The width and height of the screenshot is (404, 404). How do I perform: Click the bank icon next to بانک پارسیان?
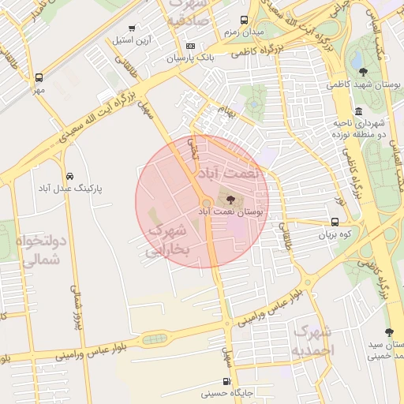point(189,47)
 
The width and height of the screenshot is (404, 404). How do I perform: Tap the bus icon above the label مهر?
point(38,78)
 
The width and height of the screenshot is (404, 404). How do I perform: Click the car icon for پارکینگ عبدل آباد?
point(71,175)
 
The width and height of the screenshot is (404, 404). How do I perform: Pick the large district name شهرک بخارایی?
point(170,240)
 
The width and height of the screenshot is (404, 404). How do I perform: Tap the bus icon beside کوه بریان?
point(332,222)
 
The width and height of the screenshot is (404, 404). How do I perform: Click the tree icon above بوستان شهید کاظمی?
point(362,73)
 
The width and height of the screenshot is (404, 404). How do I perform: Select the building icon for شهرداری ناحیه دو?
point(359,110)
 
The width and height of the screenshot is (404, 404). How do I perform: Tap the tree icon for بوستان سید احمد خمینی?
point(388,332)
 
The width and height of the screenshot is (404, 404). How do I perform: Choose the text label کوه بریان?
point(332,234)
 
